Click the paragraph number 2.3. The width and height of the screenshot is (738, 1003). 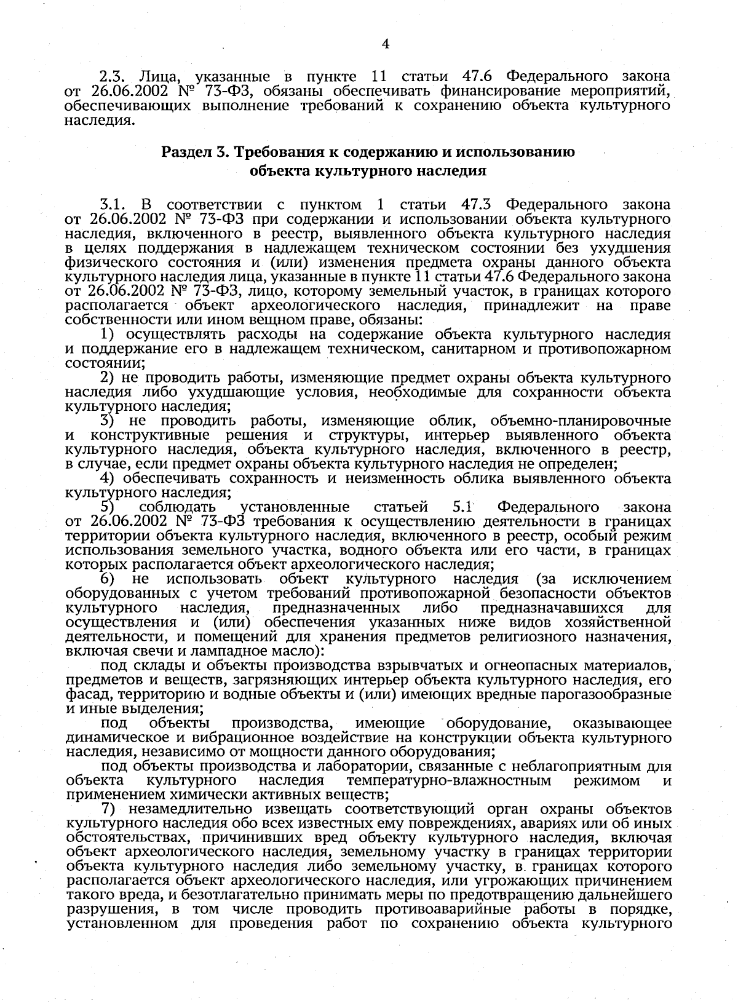tap(113, 77)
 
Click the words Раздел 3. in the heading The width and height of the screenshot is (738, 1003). tap(196, 152)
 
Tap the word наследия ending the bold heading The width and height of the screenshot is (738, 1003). tap(454, 171)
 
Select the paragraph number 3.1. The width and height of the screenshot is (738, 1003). tap(113, 204)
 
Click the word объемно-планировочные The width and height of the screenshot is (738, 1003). tap(581, 421)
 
